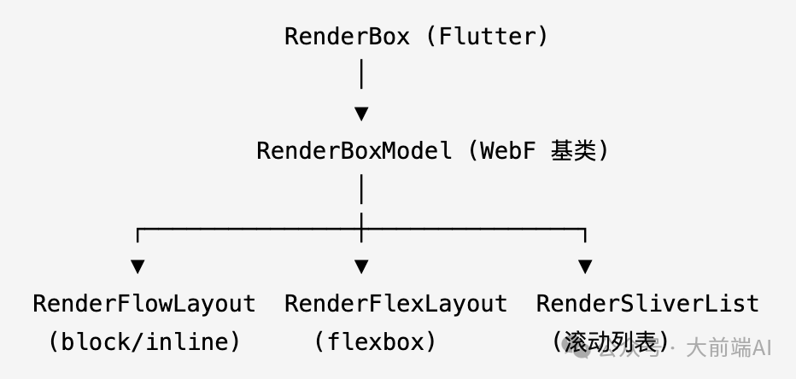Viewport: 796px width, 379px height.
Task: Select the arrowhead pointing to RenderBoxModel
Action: click(361, 113)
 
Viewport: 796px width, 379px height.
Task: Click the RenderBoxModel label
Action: click(354, 151)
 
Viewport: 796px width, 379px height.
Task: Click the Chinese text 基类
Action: click(573, 151)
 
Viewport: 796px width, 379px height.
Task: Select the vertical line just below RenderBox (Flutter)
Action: click(361, 74)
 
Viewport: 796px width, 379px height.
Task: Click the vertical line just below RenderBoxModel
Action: click(361, 189)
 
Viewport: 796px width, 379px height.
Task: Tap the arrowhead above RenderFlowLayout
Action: click(138, 266)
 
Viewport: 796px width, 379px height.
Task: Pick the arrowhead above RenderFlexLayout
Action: click(361, 266)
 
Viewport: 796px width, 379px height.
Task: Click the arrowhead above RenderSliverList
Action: click(585, 266)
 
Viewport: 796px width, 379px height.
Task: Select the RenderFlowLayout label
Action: click(143, 304)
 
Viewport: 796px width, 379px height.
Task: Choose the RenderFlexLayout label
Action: click(395, 304)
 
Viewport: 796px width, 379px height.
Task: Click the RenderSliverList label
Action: click(647, 304)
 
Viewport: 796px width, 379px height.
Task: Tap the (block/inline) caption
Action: click(143, 342)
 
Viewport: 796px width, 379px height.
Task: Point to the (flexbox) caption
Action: click(375, 342)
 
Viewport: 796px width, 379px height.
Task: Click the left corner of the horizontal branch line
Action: click(138, 229)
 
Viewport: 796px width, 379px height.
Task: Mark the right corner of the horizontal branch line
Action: click(585, 229)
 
